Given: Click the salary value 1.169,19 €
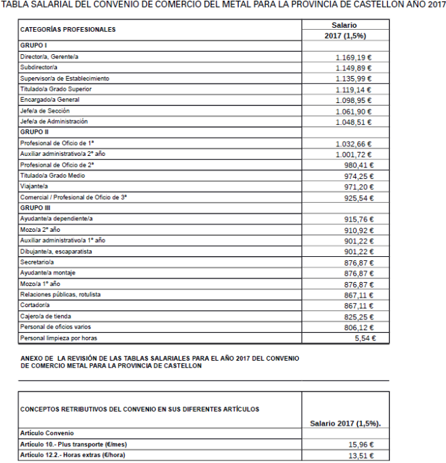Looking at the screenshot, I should (353, 58).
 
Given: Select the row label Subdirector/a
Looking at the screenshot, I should (39, 68).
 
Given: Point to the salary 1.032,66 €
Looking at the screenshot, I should (353, 144).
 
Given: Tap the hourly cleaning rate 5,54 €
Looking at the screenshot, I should (365, 338).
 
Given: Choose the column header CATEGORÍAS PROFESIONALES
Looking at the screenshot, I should (68, 30).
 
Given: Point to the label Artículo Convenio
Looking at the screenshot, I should (47, 432).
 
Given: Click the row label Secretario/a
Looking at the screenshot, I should (37, 262).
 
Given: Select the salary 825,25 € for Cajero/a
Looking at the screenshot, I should (359, 317).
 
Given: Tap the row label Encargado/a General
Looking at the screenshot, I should (49, 100).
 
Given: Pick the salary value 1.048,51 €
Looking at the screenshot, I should (353, 123).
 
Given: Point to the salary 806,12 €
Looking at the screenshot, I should (359, 327).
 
